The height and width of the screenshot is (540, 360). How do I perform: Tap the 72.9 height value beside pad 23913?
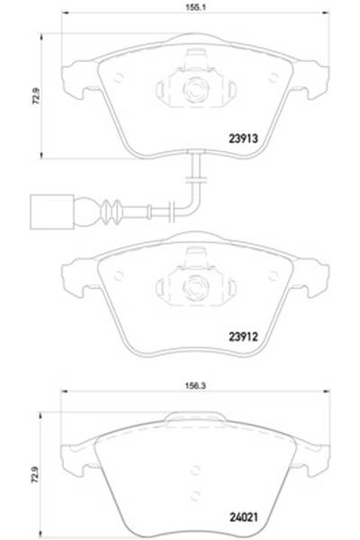click(37, 93)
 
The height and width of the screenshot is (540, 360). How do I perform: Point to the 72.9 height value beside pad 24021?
click(37, 469)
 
